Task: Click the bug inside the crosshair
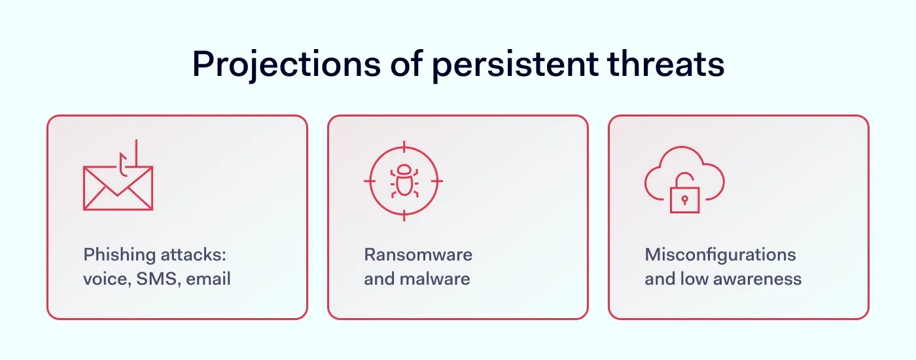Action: (403, 181)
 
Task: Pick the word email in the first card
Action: (208, 279)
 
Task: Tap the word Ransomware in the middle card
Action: (418, 255)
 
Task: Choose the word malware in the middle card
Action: (435, 279)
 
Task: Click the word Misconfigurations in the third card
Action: (720, 255)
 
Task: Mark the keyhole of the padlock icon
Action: (684, 201)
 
